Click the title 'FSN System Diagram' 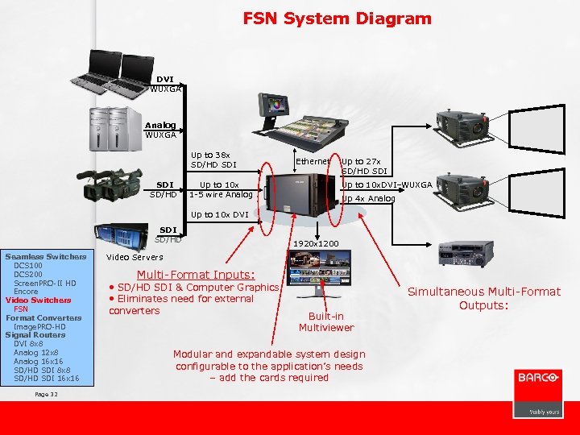click(338, 19)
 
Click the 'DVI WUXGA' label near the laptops click(165, 84)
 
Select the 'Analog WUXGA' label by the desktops click(160, 130)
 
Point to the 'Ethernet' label click(313, 162)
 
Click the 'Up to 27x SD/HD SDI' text click(364, 166)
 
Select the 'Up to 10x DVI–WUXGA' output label click(387, 185)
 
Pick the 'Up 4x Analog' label click(369, 198)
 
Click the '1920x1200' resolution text click(316, 242)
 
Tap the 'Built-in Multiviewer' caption click(325, 322)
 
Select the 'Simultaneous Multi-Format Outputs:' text click(484, 298)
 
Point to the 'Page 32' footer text click(47, 394)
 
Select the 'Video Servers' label click(135, 257)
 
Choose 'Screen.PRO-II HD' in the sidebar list click(45, 283)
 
